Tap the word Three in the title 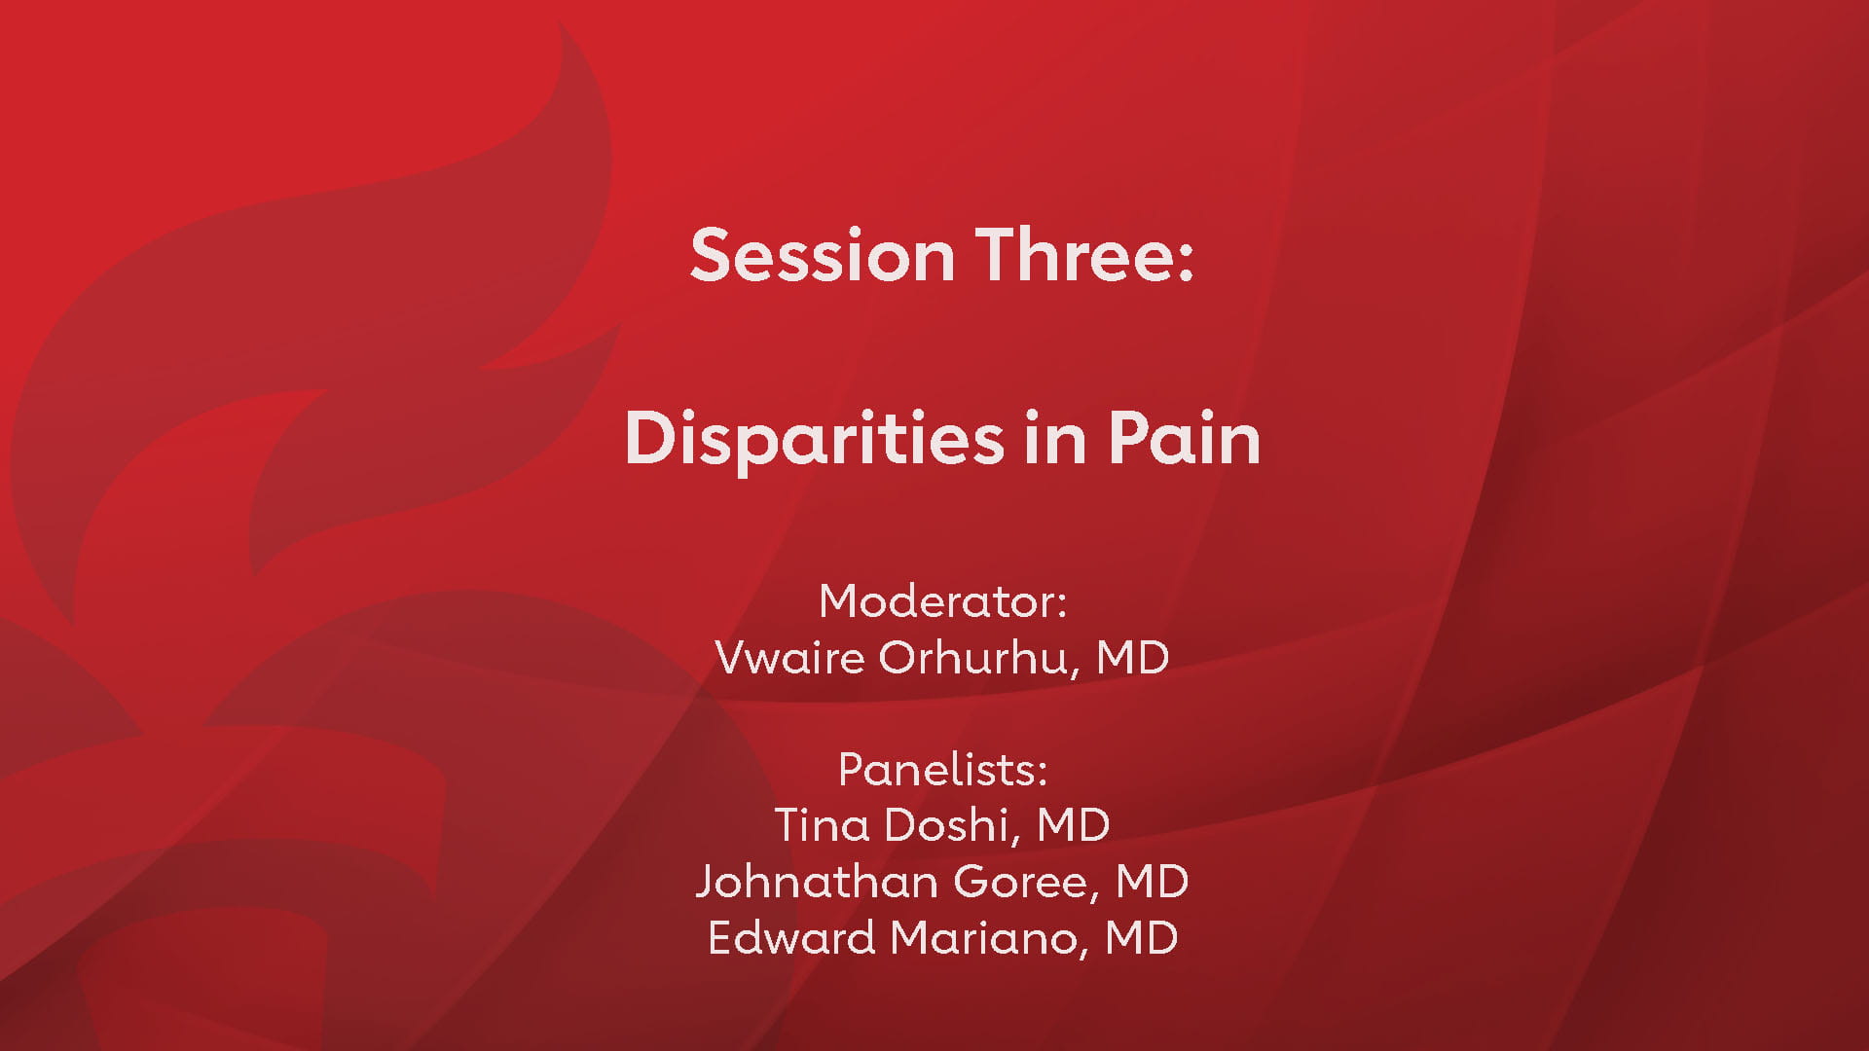1076,255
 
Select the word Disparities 814,440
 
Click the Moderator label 942,601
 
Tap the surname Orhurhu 980,658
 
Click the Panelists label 942,770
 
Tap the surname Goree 1026,882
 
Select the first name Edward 791,938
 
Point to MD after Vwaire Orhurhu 1132,658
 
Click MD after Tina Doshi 1073,825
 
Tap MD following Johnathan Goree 1152,882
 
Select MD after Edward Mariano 1142,938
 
